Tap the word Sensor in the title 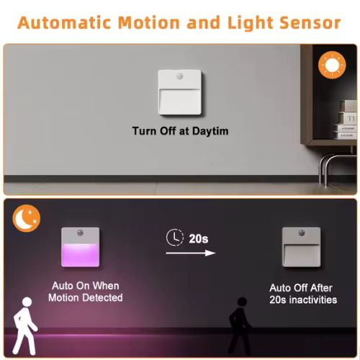pos(305,22)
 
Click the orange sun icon pos(331,66)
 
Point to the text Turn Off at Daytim pos(180,131)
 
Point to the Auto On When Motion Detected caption pos(86,291)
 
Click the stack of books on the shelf pos(345,130)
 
